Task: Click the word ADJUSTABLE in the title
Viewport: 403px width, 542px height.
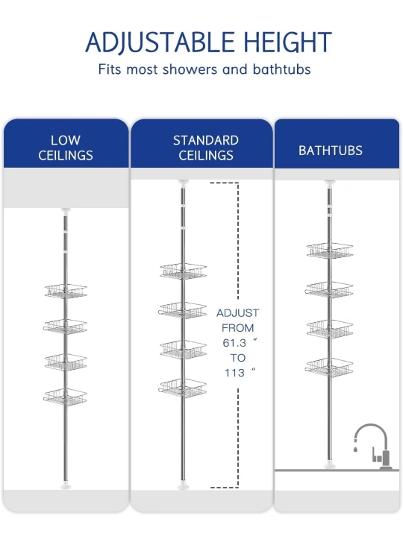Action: [160, 42]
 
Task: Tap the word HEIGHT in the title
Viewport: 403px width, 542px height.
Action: [288, 42]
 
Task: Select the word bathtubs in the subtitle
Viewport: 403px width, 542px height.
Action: [281, 69]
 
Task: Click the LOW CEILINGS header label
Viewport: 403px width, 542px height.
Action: [66, 148]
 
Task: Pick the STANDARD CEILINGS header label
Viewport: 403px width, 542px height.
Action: [206, 148]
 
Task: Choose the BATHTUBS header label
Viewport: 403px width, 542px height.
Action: [331, 151]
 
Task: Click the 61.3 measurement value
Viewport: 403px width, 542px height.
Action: [234, 343]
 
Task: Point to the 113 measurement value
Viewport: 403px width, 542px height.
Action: [234, 373]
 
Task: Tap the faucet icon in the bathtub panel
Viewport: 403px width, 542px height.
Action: [373, 447]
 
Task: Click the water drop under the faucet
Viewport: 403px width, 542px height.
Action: [355, 450]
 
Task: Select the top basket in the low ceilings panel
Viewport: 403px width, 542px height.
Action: [66, 291]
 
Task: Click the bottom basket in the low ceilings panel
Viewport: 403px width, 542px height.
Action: [65, 397]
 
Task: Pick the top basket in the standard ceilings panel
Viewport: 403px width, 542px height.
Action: [183, 271]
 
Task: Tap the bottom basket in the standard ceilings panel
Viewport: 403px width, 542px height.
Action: [183, 388]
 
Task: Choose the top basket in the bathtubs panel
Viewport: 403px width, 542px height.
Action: [330, 250]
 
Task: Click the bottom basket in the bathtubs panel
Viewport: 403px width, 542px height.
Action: [329, 367]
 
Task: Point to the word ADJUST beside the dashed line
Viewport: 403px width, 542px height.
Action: [237, 313]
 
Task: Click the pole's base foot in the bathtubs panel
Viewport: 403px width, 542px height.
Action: [330, 466]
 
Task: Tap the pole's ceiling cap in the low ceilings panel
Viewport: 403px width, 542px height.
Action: [66, 210]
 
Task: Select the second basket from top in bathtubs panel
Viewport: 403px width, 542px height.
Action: [329, 290]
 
